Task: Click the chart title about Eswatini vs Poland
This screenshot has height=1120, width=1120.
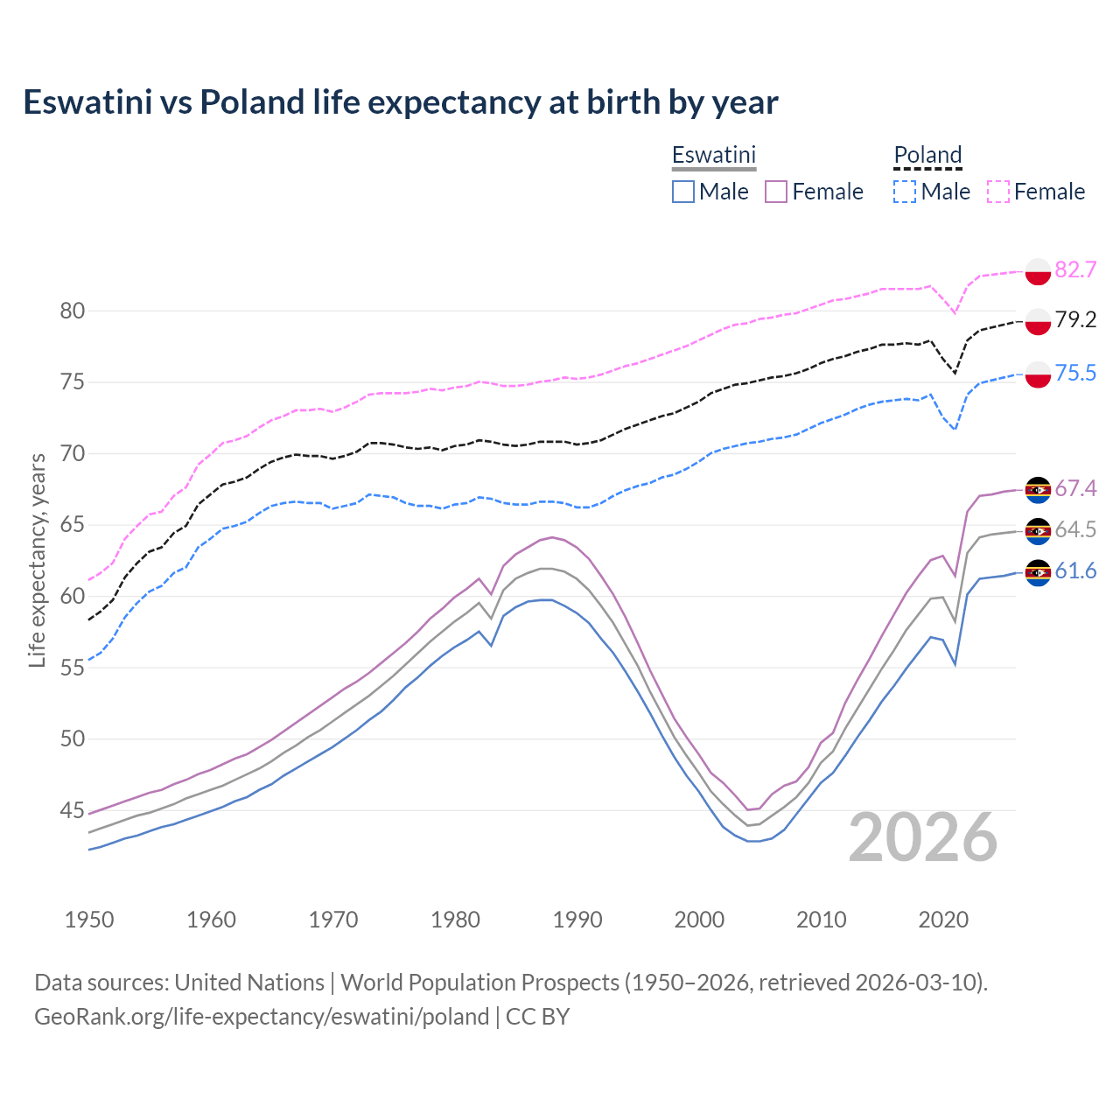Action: (401, 102)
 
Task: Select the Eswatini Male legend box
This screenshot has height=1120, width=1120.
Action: (683, 192)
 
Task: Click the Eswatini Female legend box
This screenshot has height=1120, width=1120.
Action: (777, 192)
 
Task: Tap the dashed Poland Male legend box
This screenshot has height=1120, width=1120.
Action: (905, 192)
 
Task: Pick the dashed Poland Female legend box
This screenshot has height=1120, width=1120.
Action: (998, 192)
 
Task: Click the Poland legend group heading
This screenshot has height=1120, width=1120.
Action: (927, 156)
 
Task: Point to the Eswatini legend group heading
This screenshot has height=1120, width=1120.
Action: (713, 156)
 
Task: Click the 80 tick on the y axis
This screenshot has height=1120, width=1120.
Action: (73, 311)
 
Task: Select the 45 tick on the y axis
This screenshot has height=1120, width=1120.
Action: (73, 810)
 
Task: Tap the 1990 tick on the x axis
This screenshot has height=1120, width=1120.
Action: (577, 920)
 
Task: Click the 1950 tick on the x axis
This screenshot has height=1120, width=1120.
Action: (90, 920)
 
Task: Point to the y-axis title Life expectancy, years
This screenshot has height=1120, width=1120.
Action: (37, 560)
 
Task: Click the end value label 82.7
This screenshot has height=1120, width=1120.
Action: (1075, 269)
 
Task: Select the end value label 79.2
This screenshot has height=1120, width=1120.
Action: (1075, 320)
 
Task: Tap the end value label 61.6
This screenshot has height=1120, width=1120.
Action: (1075, 571)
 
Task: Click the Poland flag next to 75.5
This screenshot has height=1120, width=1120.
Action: (1038, 374)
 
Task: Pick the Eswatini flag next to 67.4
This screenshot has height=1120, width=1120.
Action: (1038, 490)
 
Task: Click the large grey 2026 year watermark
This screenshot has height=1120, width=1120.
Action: (923, 837)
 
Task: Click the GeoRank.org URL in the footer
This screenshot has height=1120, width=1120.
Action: (262, 1017)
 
